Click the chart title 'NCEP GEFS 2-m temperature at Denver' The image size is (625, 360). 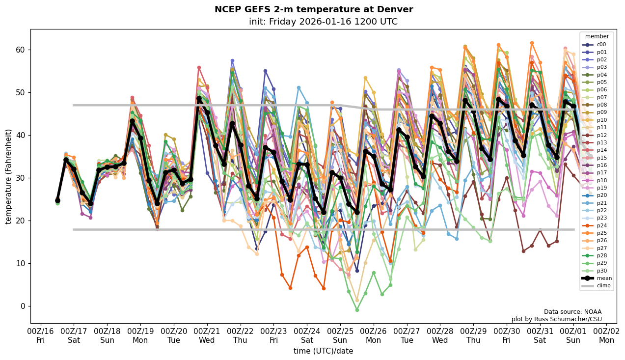point(314,9)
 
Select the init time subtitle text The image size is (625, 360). point(323,22)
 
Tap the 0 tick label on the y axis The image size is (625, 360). point(23,306)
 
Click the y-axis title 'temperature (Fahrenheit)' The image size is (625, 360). point(8,176)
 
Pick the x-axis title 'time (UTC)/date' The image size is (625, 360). point(323,351)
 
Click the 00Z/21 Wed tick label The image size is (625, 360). point(207,335)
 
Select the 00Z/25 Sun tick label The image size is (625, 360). point(340,335)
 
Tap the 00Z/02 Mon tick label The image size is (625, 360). point(606,335)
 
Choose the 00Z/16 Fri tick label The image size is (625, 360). point(41,335)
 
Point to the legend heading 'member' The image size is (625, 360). point(597,36)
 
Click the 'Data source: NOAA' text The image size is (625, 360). point(572,312)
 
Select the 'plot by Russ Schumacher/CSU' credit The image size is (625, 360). point(556,319)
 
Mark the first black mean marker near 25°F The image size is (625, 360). point(57,200)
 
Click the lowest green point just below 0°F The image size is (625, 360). point(357,310)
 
